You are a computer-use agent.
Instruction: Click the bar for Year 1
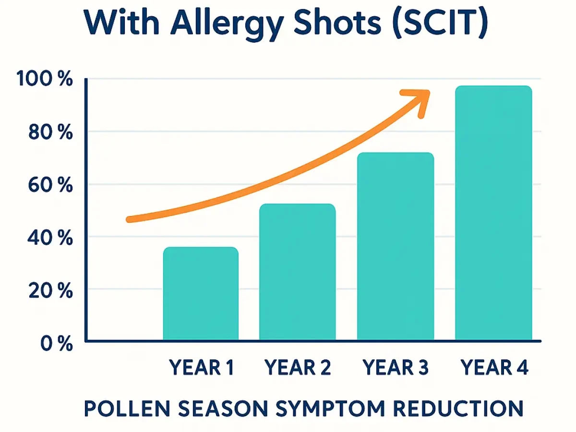tap(201, 294)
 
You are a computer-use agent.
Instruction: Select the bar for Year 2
tap(297, 272)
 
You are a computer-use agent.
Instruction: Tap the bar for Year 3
tap(395, 247)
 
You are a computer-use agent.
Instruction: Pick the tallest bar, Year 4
tap(493, 213)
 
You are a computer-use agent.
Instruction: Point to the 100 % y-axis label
tap(44, 80)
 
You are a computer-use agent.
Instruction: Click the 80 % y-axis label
tap(50, 132)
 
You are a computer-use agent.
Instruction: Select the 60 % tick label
tap(50, 185)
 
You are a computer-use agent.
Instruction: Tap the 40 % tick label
tap(50, 238)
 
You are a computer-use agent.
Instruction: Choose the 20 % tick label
tap(50, 291)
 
